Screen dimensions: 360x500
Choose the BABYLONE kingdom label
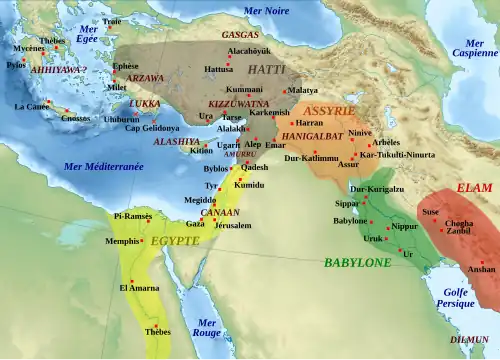pos(357,262)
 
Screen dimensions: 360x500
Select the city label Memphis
pos(123,241)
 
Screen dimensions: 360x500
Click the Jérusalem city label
pos(232,225)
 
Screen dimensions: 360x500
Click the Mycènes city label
pos(29,47)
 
